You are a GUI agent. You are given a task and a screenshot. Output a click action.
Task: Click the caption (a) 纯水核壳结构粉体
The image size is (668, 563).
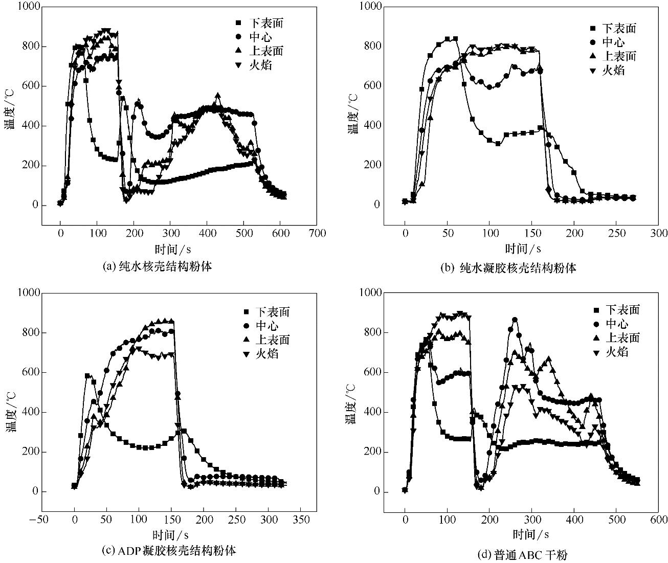click(x=157, y=266)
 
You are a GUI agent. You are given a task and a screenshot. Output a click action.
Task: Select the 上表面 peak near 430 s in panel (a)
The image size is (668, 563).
click(x=218, y=96)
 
